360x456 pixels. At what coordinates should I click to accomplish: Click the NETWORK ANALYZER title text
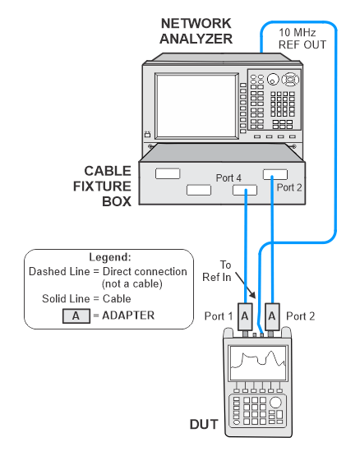(x=196, y=31)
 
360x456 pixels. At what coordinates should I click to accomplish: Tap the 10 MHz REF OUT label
(x=302, y=39)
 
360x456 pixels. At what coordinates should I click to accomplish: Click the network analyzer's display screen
(x=196, y=106)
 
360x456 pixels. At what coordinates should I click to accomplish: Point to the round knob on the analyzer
(x=273, y=79)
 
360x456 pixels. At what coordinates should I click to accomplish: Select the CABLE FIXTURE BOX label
(x=102, y=187)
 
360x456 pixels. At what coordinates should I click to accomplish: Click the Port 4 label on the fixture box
(x=228, y=177)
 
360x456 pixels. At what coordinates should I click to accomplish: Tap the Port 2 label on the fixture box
(x=289, y=187)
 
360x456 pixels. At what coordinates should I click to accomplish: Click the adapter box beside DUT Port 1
(x=245, y=316)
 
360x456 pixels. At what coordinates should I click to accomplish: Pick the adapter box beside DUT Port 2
(x=272, y=316)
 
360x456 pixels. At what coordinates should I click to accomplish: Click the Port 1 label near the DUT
(x=219, y=316)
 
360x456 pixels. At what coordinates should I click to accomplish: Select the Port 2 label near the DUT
(x=300, y=316)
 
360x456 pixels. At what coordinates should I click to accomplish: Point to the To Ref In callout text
(x=217, y=271)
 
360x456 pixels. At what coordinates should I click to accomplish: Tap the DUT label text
(x=204, y=424)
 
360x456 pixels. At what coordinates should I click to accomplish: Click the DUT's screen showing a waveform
(x=258, y=362)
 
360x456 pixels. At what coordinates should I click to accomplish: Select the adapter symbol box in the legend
(x=76, y=316)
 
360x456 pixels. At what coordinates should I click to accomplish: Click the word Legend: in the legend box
(x=110, y=257)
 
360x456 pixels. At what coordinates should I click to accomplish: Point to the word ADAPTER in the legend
(x=128, y=316)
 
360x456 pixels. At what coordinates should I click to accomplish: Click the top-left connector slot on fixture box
(x=168, y=173)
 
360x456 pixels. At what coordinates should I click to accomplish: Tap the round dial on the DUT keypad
(x=275, y=403)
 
